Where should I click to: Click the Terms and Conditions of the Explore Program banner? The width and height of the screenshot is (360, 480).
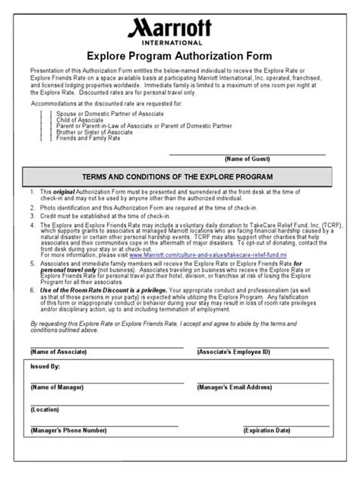click(x=180, y=176)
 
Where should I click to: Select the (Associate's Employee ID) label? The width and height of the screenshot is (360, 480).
click(x=235, y=353)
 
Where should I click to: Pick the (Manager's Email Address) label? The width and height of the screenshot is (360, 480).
click(x=235, y=387)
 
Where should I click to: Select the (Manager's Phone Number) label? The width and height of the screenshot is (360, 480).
click(x=67, y=430)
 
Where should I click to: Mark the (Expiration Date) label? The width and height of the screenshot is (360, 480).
click(x=267, y=430)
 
